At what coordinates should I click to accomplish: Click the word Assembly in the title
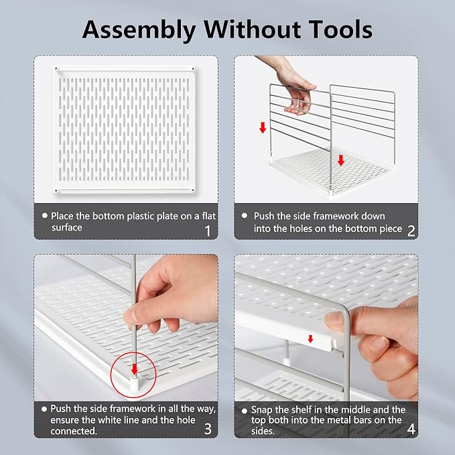(139, 29)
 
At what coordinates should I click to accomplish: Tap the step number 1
(208, 231)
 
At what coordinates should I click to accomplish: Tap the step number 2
(411, 231)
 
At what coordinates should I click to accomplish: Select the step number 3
(208, 429)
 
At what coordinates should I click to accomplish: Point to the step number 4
(411, 429)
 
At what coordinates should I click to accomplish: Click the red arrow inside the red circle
(134, 367)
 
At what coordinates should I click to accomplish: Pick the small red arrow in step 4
(310, 338)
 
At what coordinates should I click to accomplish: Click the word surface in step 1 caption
(67, 228)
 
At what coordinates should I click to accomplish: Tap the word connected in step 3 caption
(74, 431)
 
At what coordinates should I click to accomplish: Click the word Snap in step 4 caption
(262, 409)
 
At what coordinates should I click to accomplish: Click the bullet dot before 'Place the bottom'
(45, 216)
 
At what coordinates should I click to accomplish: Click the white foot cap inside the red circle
(134, 383)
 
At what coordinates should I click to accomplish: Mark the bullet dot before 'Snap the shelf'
(245, 411)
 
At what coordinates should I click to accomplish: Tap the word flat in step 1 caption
(208, 216)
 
